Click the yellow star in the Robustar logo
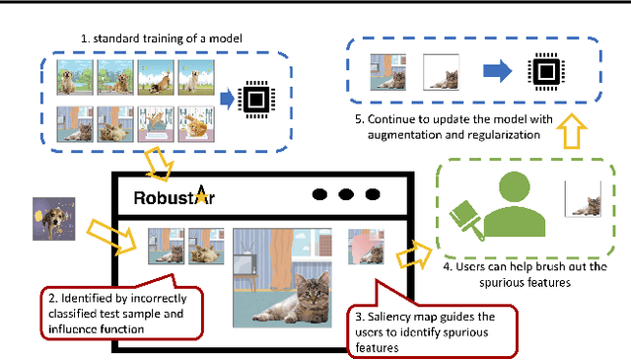(x=203, y=193)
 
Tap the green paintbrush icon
(x=469, y=218)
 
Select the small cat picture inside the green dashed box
(x=584, y=202)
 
